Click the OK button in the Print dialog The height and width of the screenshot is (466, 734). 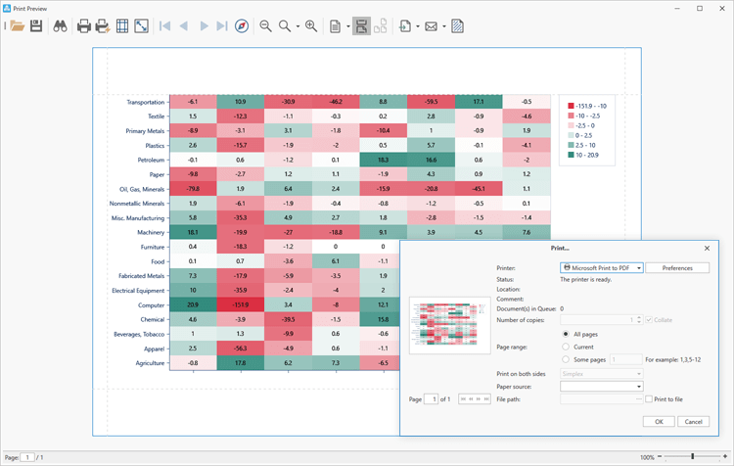click(659, 421)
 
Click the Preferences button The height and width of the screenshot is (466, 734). click(677, 267)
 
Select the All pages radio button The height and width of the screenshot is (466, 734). click(566, 334)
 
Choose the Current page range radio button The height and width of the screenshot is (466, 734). click(566, 347)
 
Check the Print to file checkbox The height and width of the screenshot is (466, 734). click(649, 398)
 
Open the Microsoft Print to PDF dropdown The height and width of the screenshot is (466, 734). click(601, 267)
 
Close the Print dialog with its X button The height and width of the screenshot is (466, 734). click(707, 249)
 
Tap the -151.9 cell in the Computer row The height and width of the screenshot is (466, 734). click(240, 304)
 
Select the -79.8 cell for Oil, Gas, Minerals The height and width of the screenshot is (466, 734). click(192, 189)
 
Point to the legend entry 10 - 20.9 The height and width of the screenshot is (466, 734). click(593, 155)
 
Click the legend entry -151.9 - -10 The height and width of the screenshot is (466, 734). click(593, 106)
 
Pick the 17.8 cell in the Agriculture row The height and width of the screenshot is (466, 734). click(240, 363)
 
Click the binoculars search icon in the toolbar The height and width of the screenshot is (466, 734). click(60, 26)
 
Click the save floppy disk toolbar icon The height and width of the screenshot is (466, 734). click(36, 26)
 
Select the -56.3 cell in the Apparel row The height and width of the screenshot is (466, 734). click(240, 349)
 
